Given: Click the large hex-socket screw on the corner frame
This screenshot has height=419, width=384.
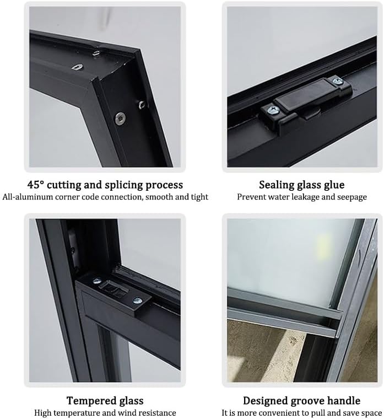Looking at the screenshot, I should click(120, 117).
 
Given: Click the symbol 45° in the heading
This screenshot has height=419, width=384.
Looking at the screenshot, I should click(36, 185).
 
